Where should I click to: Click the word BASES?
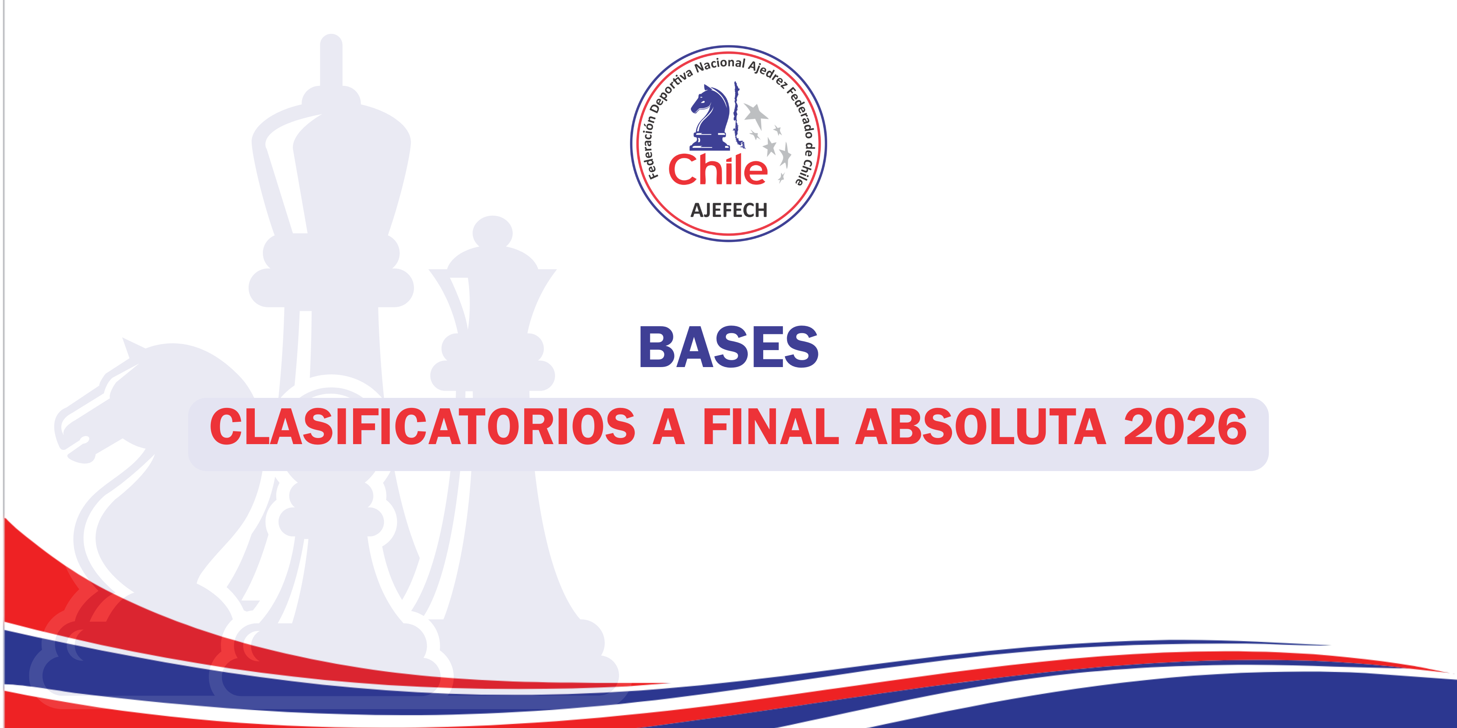pos(728,347)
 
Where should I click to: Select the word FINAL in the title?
pos(771,427)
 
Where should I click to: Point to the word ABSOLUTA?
pos(981,427)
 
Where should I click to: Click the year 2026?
pos(1185,427)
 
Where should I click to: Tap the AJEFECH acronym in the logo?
pos(728,210)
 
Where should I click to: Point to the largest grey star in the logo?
pos(755,115)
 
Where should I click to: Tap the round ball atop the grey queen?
pos(493,233)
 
